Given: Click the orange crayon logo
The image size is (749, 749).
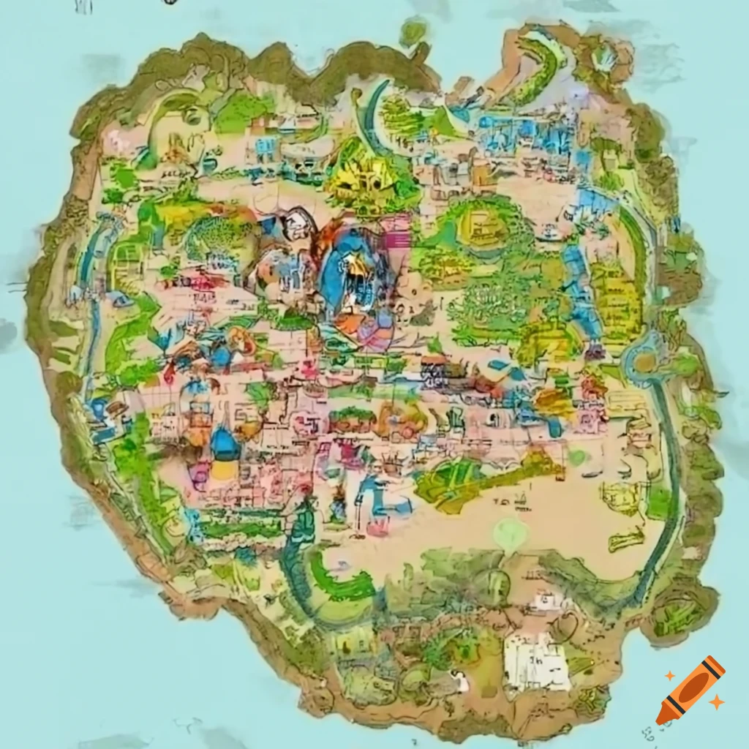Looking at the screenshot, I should point(690,690).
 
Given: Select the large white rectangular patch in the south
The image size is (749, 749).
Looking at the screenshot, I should point(537,663).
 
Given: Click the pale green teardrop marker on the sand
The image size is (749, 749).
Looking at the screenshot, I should point(509,532).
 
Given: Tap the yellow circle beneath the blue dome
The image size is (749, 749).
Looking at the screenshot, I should point(225,469).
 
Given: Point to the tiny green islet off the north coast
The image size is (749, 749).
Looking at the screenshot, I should point(413,31).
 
